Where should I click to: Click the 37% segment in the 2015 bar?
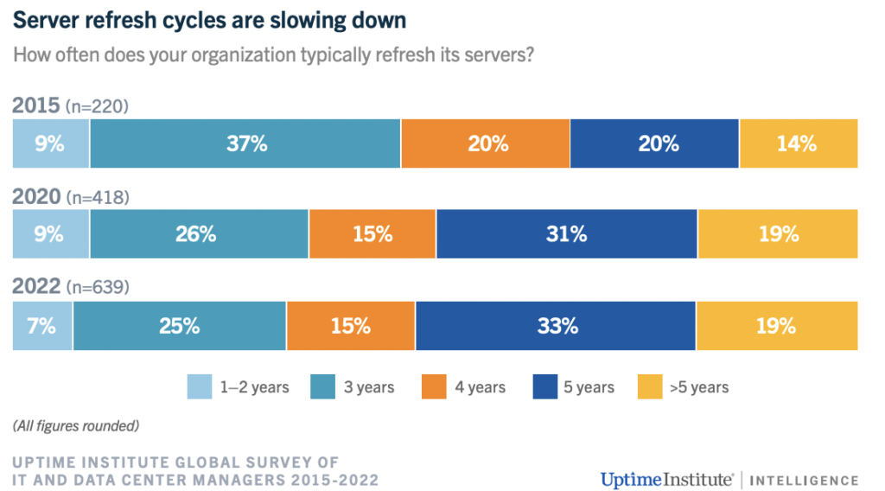pyautogui.click(x=245, y=143)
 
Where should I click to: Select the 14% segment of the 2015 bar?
pyautogui.click(x=799, y=143)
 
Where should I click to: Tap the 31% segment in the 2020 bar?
pyautogui.click(x=567, y=233)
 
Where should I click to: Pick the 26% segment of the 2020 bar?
pyautogui.click(x=200, y=233)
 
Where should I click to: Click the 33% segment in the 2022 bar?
pyautogui.click(x=556, y=326)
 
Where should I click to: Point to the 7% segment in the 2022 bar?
pyautogui.click(x=42, y=326)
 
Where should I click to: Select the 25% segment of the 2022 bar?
pyautogui.click(x=180, y=326)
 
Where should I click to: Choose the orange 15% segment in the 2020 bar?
pyautogui.click(x=372, y=233)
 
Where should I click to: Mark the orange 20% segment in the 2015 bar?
pyautogui.click(x=486, y=143)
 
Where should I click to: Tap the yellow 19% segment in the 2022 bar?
pyautogui.click(x=777, y=326)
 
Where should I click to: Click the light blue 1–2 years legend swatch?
pyautogui.click(x=200, y=386)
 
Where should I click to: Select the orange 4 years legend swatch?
pyautogui.click(x=434, y=386)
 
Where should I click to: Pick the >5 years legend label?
pyautogui.click(x=698, y=387)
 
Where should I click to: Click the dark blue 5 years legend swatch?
pyautogui.click(x=545, y=386)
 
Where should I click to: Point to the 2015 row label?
pyautogui.click(x=35, y=105)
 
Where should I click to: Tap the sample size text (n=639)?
pyautogui.click(x=98, y=287)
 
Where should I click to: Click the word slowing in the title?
pyautogui.click(x=306, y=21)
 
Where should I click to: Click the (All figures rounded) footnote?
pyautogui.click(x=76, y=425)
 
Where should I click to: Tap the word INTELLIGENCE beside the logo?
pyautogui.click(x=804, y=481)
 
